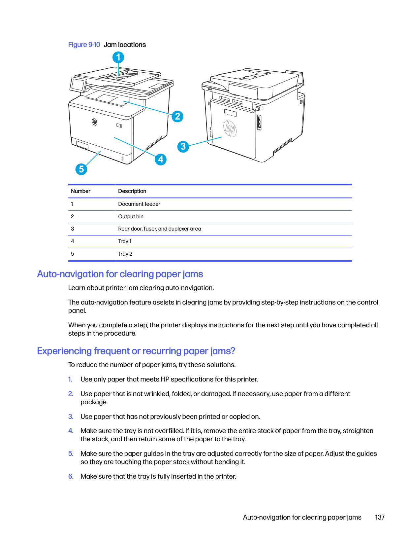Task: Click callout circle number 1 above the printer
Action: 118,57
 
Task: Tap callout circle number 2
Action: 177,116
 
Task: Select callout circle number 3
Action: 183,146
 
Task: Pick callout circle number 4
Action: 161,160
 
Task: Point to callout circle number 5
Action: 81,169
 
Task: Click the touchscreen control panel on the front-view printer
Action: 78,85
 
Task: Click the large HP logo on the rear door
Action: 230,129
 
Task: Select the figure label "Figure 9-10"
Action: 84,45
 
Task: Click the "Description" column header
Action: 132,191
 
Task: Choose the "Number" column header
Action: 80,191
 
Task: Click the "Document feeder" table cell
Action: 139,204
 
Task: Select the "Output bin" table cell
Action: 131,217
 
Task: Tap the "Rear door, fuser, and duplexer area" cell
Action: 160,229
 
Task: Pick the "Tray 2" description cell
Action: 125,254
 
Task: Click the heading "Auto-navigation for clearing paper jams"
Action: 120,274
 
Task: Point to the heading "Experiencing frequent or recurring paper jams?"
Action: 136,351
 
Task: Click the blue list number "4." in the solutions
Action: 71,431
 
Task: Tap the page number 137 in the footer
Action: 380,518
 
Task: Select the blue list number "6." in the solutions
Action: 71,476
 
